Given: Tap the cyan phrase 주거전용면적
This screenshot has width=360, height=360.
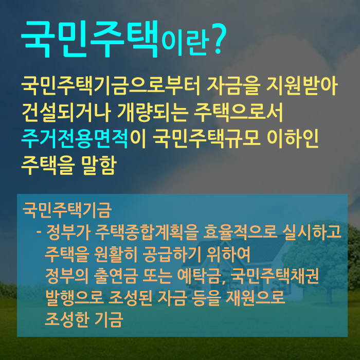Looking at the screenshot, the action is [x=75, y=139].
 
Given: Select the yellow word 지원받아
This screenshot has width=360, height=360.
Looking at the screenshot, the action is [x=301, y=86].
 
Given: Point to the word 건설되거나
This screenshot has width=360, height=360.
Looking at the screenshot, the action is [x=66, y=113].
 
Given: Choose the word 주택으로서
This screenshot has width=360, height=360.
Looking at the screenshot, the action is [x=239, y=113].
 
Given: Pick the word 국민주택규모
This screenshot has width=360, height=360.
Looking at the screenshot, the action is [x=207, y=139].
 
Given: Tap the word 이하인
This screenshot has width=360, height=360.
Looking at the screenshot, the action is [x=293, y=139].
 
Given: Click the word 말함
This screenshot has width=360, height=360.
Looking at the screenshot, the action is [x=99, y=165].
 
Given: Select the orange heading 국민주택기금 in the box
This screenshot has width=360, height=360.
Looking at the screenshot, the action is [x=67, y=210].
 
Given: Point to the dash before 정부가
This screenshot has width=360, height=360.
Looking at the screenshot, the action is [x=39, y=232].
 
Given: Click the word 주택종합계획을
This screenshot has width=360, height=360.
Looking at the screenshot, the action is [x=147, y=232].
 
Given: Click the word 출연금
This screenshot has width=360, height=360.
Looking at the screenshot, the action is [x=116, y=276].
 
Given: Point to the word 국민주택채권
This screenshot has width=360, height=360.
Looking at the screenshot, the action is [x=274, y=276].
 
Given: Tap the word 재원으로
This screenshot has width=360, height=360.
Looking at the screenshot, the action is [x=256, y=298].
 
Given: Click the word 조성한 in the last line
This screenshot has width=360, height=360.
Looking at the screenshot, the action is [x=66, y=319].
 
